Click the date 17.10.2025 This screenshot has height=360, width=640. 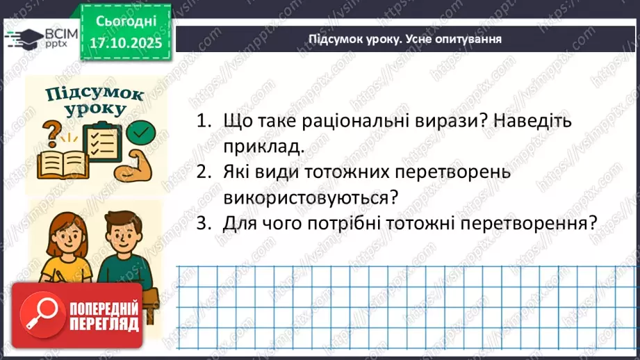click(124, 42)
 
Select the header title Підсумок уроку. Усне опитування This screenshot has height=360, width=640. click(405, 40)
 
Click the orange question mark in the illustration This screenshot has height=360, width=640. click(52, 131)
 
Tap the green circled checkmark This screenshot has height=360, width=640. click(143, 131)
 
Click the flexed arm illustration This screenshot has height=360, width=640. click(139, 167)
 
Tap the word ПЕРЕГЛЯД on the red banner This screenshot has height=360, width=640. click(103, 323)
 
